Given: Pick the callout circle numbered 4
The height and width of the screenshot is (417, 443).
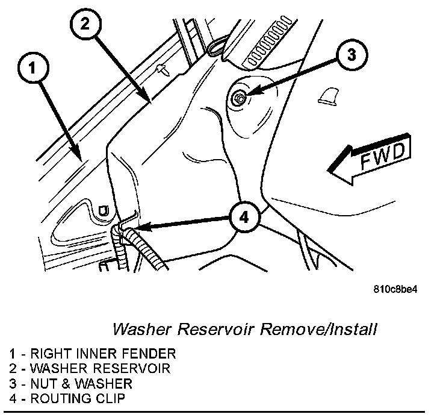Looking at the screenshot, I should click(x=243, y=217).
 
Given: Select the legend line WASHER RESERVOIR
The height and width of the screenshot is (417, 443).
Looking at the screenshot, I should click(x=90, y=368).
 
